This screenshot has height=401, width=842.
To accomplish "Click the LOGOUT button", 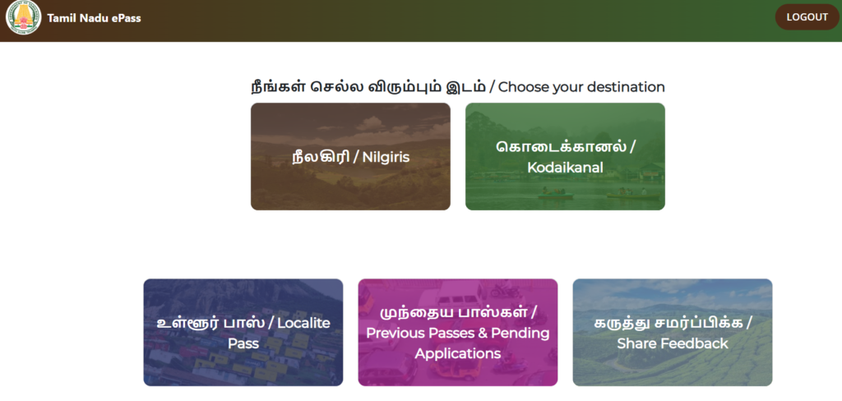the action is tap(807, 17).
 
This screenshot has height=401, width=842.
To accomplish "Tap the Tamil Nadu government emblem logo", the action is tap(23, 17).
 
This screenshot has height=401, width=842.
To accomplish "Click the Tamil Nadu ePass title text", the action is tap(94, 18).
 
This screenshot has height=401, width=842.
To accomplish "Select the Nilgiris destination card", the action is tap(350, 156).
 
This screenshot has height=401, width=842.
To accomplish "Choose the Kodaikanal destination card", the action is tap(565, 156).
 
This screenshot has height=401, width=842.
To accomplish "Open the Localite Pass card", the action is tap(243, 332).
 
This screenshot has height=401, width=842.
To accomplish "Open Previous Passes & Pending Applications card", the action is tap(457, 332).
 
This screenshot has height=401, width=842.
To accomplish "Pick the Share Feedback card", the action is tap(673, 332).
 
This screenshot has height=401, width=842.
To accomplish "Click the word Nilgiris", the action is tap(386, 157).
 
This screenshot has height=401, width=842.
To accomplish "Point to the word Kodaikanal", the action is tap(565, 168).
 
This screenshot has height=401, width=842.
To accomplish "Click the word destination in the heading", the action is tap(626, 87).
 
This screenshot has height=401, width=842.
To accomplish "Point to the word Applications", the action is tap(457, 354).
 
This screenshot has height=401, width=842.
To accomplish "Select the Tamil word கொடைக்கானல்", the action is tap(560, 146).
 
